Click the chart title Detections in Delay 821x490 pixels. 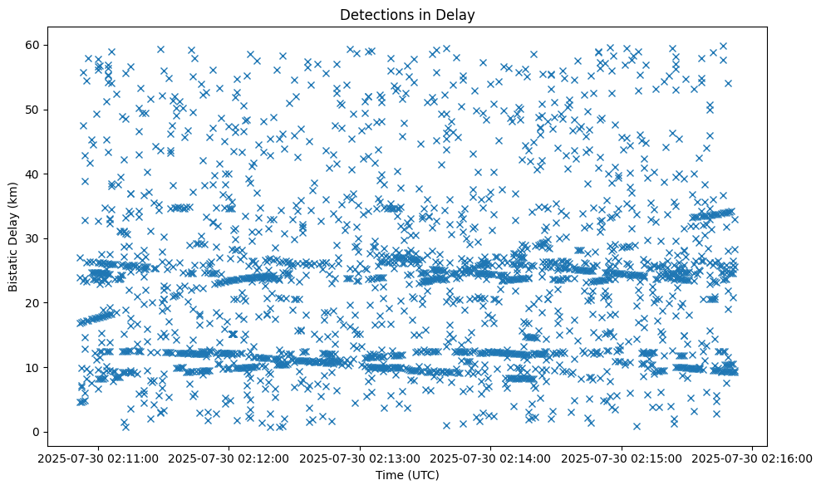(408, 14)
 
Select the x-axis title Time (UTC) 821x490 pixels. (408, 475)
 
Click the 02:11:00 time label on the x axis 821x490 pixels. (99, 458)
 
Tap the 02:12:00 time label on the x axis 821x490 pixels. (230, 458)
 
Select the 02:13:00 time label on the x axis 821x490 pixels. (361, 458)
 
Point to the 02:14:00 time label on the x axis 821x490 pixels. (491, 458)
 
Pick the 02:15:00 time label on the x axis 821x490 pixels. (622, 458)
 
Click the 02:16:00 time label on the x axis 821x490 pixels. (753, 458)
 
